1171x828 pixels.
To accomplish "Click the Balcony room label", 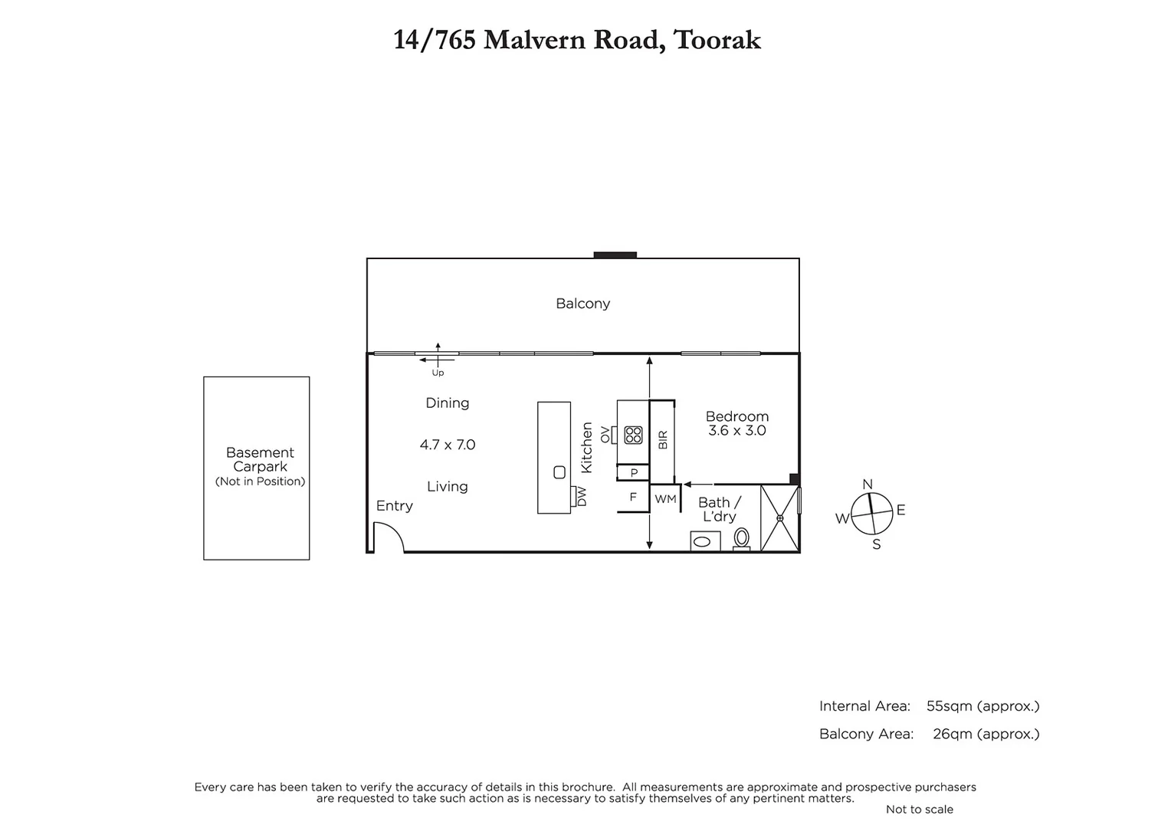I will pos(582,304).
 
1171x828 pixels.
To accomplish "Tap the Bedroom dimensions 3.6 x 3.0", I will pos(736,431).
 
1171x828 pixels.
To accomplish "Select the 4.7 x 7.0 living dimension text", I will pos(448,445).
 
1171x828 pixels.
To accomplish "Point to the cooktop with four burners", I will pos(633,435).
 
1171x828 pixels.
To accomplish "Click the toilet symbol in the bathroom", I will pos(741,538).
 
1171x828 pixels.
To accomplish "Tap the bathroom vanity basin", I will pos(704,542).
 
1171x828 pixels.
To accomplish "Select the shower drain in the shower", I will pos(779,518).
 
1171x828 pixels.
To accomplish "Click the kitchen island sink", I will pos(559,472).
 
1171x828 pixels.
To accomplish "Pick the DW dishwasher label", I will pos(581,496).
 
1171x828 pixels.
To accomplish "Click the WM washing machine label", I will pos(665,499).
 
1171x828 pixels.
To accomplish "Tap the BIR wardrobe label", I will pos(663,440).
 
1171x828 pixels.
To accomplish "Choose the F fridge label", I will pos(633,498).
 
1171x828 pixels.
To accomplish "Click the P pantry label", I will pos(634,473).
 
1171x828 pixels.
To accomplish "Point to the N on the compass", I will pos(868,484).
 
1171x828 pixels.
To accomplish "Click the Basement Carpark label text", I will pos(260,460).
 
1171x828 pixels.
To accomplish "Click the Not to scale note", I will pos(919,810).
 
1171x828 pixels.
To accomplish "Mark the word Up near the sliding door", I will pos(438,373).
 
